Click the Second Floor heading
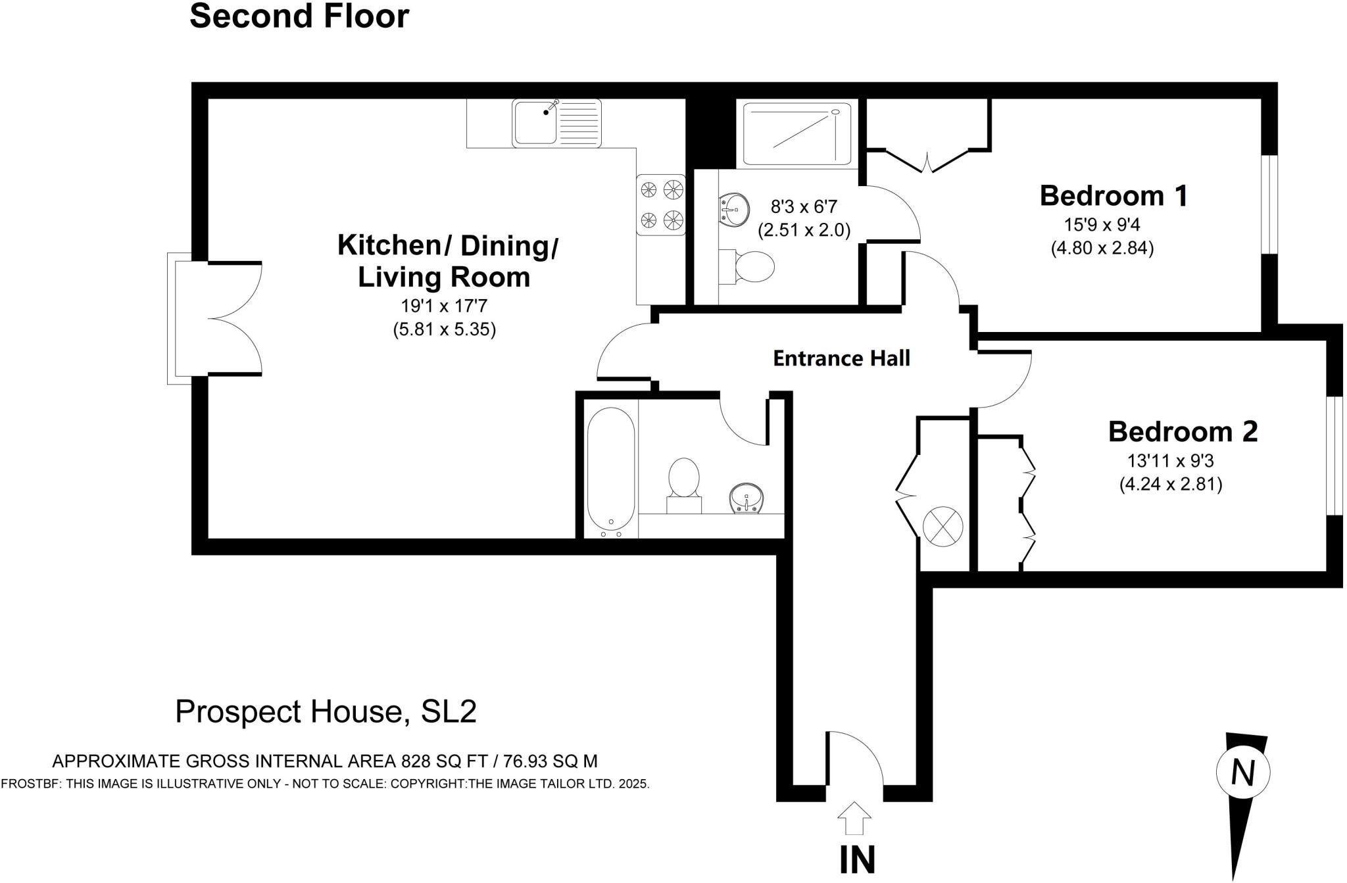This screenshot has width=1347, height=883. tap(299, 16)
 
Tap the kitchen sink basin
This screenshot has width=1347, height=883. tap(535, 123)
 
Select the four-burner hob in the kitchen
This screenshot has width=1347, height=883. tap(660, 204)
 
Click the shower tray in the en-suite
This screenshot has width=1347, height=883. tap(796, 133)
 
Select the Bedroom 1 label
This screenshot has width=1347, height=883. tap(1114, 196)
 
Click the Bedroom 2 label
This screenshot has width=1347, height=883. tap(1183, 432)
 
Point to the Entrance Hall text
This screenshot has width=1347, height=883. tap(841, 358)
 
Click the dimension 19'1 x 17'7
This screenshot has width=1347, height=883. tap(444, 306)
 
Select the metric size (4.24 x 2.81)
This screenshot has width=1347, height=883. tap(1171, 485)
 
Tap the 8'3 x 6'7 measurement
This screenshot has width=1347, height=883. tap(804, 207)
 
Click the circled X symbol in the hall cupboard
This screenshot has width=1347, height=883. tap(943, 526)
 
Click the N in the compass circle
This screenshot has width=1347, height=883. tap(1242, 773)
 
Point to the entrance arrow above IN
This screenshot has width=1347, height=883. tap(854, 819)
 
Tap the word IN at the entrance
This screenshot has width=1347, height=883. tap(858, 859)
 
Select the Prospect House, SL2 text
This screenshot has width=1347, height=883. tap(326, 711)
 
